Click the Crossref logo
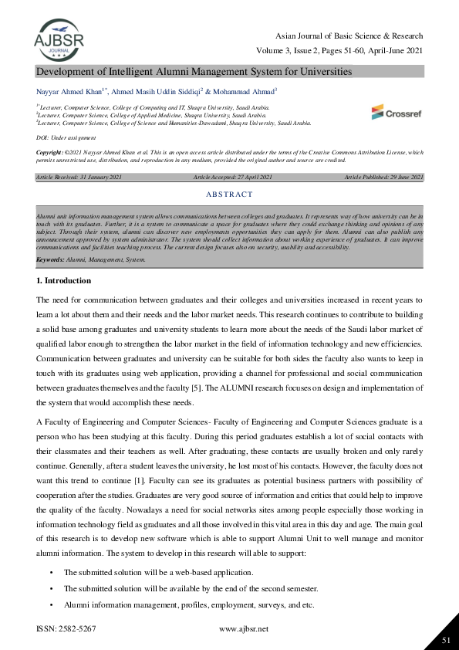click(x=397, y=112)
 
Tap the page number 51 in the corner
click(x=445, y=640)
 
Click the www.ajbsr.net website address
click(x=244, y=629)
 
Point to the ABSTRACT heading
click(x=230, y=195)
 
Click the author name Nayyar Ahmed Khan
click(x=68, y=91)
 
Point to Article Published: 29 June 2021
click(x=383, y=178)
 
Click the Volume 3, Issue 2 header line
click(x=339, y=51)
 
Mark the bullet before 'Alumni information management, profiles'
click(x=51, y=604)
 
